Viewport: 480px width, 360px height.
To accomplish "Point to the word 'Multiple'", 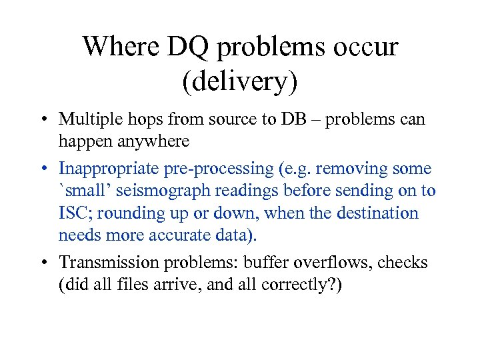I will point(87,119).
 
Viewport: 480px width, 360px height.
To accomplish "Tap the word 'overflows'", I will point(333,263).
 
